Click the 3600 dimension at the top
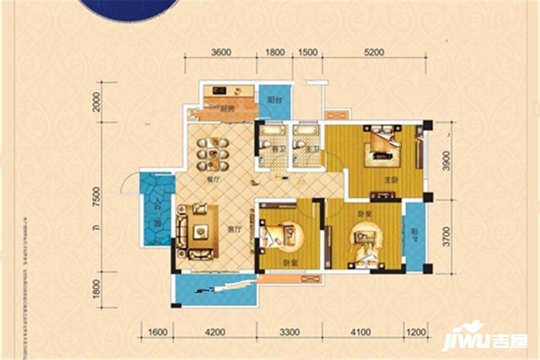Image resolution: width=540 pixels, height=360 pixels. coord(221,52)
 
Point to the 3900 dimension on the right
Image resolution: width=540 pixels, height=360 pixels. coord(445,160)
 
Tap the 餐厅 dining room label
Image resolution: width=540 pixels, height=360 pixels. coord(209,179)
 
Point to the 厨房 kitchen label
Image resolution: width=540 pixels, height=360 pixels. coord(226,109)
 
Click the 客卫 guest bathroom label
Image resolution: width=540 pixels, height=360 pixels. coord(278,148)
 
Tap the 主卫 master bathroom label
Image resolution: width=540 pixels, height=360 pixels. coord(311,148)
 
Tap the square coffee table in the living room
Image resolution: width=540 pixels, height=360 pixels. coord(198,230)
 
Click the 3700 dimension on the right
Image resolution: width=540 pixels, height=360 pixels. coord(445,238)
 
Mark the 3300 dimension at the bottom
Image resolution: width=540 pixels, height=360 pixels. coord(289,331)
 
